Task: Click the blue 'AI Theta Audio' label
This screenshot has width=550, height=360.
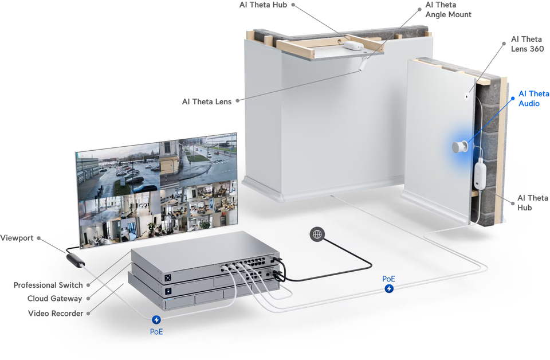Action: coord(533,99)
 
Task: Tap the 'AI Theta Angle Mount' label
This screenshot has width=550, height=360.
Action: coord(448,10)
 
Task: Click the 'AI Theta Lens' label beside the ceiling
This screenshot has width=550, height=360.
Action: coord(207,101)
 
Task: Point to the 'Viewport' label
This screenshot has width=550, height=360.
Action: coord(17,238)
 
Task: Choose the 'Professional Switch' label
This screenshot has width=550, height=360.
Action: coord(48,285)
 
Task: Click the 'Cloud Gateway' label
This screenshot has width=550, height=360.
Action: coord(54,299)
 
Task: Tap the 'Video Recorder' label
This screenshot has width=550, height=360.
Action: coord(56,313)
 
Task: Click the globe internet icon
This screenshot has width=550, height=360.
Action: coord(317,234)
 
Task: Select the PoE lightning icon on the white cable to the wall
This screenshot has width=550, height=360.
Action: coord(389,288)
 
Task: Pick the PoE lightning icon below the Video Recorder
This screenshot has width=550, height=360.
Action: coord(156,320)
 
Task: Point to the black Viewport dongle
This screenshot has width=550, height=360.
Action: coord(76,259)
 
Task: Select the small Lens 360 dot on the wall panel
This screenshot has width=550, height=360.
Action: coord(466,96)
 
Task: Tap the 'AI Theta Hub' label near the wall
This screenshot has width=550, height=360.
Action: coord(532,202)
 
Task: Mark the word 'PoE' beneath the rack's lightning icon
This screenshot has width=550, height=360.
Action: coord(156,331)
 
